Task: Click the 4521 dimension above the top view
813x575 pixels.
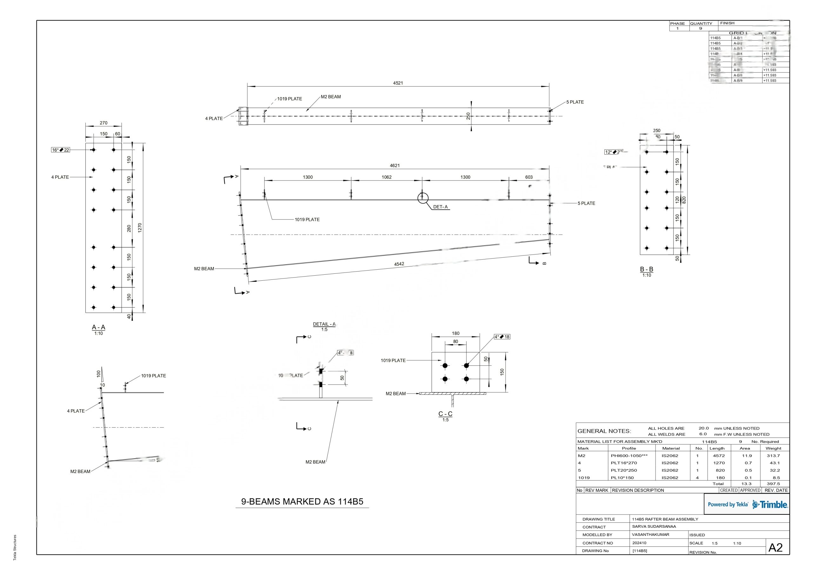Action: (398, 83)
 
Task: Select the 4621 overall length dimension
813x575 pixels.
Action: (394, 166)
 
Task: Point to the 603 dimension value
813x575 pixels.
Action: (529, 177)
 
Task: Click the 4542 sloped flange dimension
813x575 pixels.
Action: (399, 264)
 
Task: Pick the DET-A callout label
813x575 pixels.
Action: (440, 207)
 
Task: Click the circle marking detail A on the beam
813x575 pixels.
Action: (423, 198)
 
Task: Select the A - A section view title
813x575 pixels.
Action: (98, 328)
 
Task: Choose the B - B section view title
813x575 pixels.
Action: (646, 270)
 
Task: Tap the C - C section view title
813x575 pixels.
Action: (445, 414)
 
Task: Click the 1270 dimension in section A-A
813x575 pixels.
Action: (140, 228)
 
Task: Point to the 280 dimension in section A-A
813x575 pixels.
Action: (129, 229)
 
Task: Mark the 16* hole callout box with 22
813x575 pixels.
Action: (61, 150)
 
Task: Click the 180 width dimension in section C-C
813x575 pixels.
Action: (455, 333)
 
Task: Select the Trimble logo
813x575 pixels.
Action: (770, 505)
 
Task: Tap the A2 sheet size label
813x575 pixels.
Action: (776, 548)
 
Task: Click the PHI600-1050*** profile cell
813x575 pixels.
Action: (629, 456)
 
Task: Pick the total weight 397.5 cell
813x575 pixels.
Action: (773, 484)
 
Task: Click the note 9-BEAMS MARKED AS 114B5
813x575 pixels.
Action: (302, 502)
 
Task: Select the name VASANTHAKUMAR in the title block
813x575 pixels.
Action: (650, 535)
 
